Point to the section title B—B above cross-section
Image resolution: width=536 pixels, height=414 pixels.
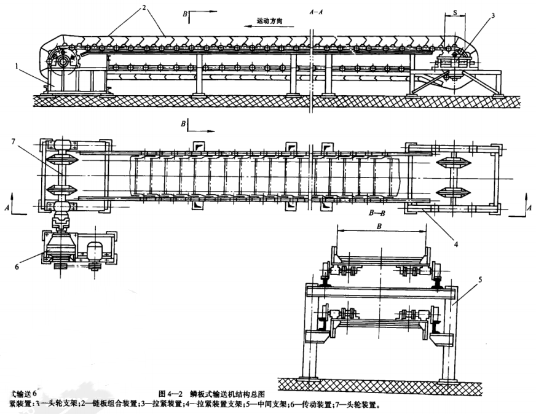coord(377,213)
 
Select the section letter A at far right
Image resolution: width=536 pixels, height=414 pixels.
coord(529,209)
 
